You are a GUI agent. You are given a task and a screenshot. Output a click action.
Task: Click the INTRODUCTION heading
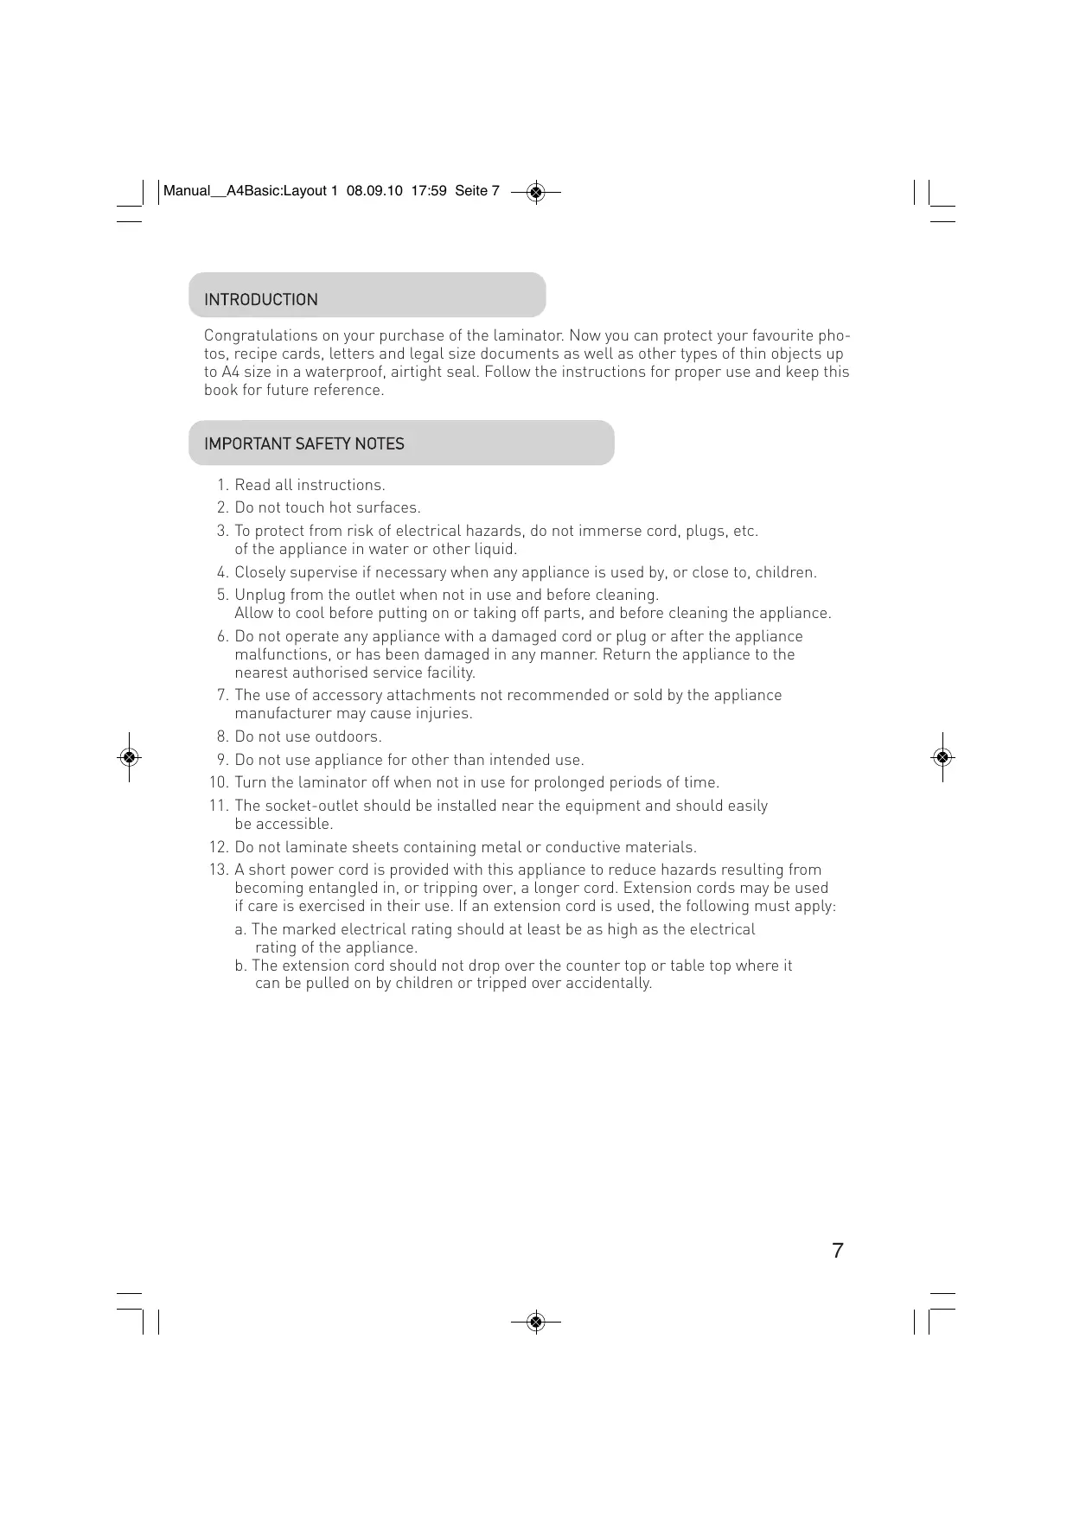pos(260,300)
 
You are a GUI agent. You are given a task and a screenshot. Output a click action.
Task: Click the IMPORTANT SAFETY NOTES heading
pos(303,444)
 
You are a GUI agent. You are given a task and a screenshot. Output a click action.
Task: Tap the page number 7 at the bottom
pos(837,1251)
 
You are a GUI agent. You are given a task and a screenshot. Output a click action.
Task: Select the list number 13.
pos(219,870)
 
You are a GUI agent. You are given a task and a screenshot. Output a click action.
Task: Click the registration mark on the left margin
pos(129,758)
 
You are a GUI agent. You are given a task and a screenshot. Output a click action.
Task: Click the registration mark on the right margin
pos(942,758)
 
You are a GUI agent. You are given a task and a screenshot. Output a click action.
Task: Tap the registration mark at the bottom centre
pos(536,1322)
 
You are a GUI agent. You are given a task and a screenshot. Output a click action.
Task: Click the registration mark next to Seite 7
pos(536,192)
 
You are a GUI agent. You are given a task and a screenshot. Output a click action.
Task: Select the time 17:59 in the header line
pos(429,191)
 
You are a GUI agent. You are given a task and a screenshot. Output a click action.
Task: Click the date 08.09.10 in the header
pos(374,191)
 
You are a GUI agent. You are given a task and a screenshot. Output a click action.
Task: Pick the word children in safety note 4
pos(784,573)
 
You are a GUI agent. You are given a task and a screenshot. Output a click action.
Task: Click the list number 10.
pos(219,783)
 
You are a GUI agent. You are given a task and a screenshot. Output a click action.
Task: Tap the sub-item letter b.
pos(240,966)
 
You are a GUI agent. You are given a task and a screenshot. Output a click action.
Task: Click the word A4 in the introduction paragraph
pos(230,373)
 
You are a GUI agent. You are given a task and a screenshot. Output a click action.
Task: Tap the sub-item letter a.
pos(240,930)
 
